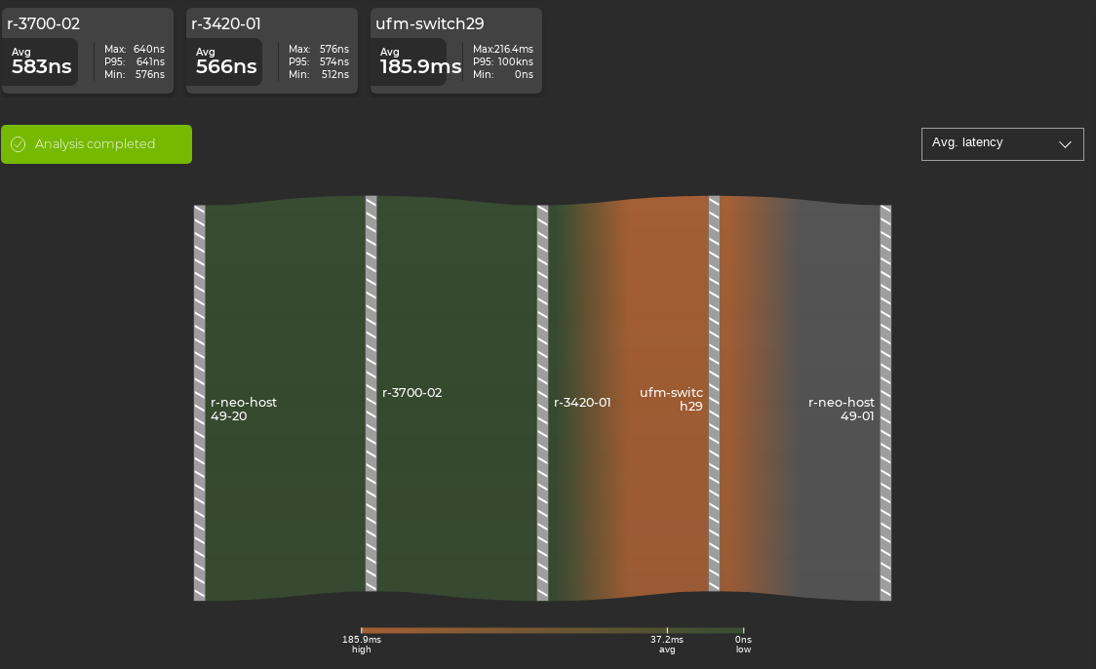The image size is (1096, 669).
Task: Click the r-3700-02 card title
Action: pos(44,24)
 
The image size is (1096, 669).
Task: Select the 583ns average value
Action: pos(41,66)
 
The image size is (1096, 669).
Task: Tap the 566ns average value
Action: pos(225,66)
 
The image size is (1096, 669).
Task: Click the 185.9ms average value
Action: pos(420,66)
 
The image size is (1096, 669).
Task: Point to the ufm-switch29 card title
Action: pos(429,24)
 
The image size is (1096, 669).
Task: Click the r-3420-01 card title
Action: pos(226,24)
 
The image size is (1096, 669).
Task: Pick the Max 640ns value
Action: pos(149,49)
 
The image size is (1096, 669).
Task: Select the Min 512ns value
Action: pos(335,74)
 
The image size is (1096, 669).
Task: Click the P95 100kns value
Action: pos(515,61)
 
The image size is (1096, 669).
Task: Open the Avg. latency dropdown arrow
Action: pos(1065,144)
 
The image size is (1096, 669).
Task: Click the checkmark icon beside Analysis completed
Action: pos(18,144)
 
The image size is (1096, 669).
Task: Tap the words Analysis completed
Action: pos(95,144)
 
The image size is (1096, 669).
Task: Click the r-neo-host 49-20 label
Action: pos(243,409)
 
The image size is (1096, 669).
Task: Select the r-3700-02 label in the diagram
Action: pos(411,393)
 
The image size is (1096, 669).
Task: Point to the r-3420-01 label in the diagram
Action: pos(582,403)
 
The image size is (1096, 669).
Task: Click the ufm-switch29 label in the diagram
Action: pos(672,399)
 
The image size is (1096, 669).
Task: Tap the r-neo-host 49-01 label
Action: pos(842,409)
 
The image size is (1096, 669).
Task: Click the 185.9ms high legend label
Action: pos(361,644)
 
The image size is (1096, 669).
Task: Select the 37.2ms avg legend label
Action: pos(667,644)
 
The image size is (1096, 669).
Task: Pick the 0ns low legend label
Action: pos(743,644)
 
